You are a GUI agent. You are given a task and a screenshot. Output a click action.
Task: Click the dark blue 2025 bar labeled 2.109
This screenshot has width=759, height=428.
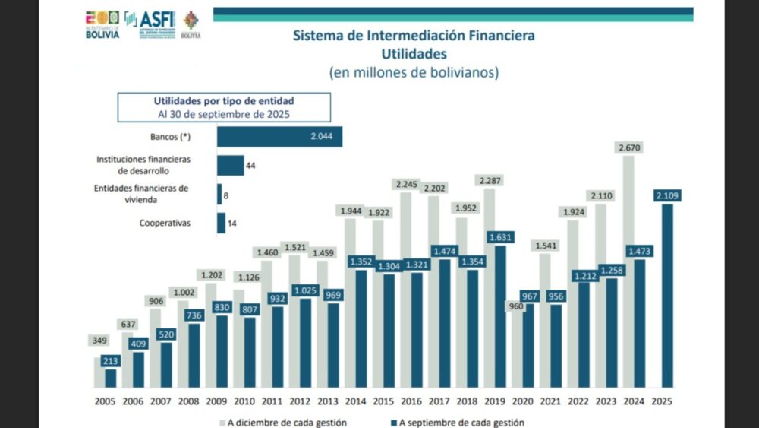click(x=666, y=296)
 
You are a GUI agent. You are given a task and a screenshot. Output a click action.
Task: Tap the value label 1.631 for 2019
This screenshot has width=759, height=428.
click(x=501, y=236)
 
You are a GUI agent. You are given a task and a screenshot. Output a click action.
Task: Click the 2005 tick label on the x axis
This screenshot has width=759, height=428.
click(x=106, y=401)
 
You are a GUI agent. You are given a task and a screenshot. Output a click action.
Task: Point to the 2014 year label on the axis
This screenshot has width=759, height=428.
click(x=355, y=401)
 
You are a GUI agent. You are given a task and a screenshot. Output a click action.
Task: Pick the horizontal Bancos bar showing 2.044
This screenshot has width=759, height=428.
click(x=279, y=137)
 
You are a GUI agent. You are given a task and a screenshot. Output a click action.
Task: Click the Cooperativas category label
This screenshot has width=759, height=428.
click(x=164, y=223)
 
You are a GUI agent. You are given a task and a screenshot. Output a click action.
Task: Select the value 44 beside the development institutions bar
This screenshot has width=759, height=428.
click(x=250, y=165)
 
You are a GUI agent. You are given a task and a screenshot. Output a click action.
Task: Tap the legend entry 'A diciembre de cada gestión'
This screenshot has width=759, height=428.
click(x=287, y=422)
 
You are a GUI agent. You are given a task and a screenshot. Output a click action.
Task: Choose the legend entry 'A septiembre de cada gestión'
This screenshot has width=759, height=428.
click(x=455, y=422)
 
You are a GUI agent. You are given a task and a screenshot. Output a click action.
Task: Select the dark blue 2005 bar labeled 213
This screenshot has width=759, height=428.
click(x=111, y=379)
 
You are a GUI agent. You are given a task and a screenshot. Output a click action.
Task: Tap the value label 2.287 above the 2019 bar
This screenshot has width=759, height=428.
click(x=490, y=181)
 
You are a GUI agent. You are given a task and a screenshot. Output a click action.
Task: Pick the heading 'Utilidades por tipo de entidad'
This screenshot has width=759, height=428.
click(x=224, y=100)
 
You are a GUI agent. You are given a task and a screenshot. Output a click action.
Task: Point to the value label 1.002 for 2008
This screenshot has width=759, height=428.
click(x=184, y=292)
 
